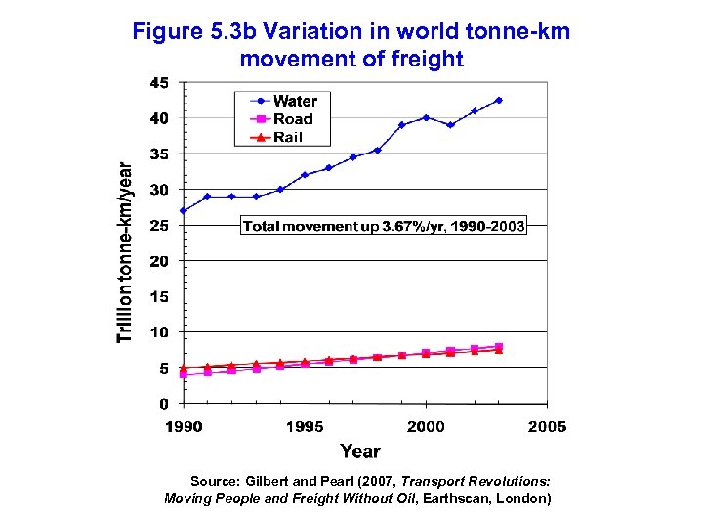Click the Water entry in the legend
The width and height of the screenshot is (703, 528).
294,101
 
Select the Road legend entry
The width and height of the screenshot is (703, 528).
293,119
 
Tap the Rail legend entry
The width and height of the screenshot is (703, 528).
288,138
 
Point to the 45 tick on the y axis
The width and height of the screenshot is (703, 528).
158,83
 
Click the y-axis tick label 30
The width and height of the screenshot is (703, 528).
158,190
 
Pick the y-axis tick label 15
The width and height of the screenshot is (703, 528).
158,296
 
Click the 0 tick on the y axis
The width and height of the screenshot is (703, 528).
163,404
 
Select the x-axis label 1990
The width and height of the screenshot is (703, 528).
184,427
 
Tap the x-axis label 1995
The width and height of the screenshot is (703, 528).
305,427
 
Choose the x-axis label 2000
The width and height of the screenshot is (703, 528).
426,427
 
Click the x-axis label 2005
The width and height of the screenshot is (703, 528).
547,427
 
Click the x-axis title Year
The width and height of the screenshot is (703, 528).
360,451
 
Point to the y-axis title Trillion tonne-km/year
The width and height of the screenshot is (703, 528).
124,252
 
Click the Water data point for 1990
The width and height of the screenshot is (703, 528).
184,210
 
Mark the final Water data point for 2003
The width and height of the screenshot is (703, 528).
499,100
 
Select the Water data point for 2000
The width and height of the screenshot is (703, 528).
426,117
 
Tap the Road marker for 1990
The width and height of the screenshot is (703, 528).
184,374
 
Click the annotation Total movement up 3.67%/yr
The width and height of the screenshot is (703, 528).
383,226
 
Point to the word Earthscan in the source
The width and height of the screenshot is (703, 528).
467,498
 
